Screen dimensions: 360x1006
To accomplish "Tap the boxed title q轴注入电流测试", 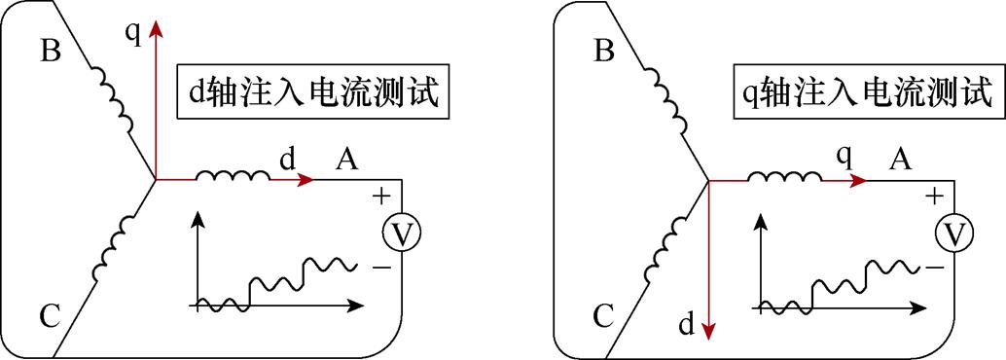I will click(865, 93).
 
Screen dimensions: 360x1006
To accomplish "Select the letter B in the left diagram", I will click(51, 52).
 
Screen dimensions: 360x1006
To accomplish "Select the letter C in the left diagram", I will click(51, 315).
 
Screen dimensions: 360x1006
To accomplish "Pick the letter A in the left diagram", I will click(345, 160).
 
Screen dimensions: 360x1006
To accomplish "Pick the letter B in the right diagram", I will click(604, 52).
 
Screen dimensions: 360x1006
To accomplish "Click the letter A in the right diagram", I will click(900, 160).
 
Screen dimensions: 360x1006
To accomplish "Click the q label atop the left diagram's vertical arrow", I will click(133, 34).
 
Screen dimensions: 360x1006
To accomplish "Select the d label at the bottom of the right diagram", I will click(686, 326).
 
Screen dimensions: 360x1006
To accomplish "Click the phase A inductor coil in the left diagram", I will click(234, 176).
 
